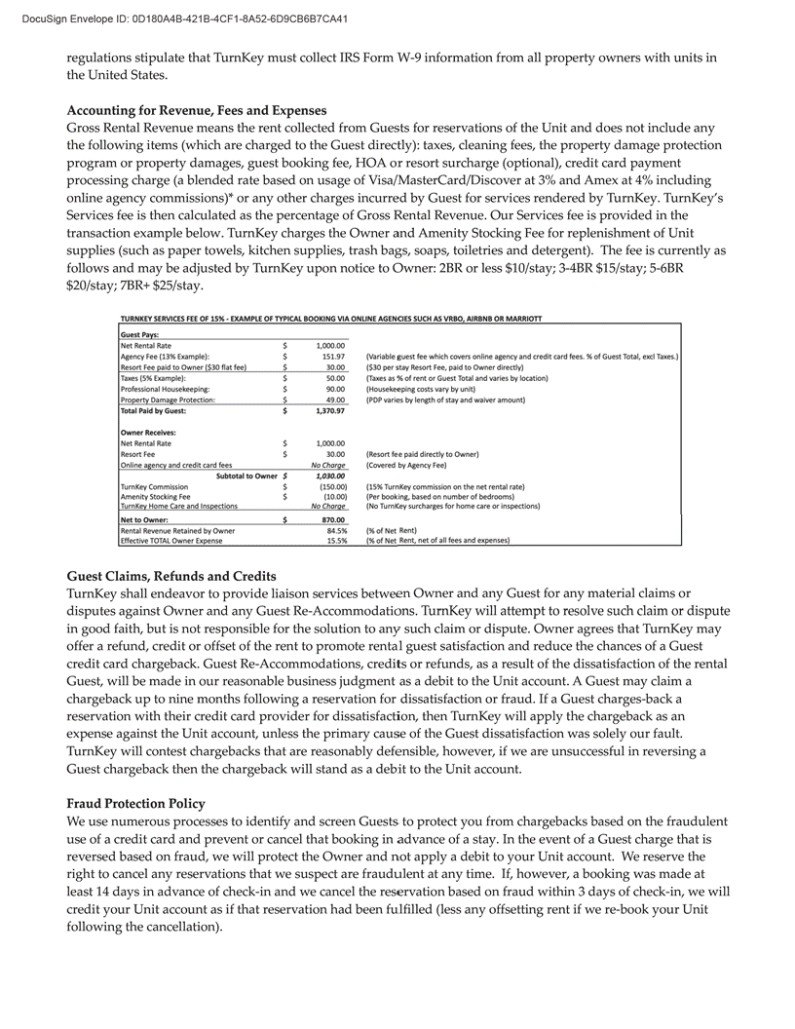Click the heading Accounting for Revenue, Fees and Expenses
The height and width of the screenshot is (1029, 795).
click(196, 110)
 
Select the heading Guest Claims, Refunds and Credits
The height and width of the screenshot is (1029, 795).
click(171, 576)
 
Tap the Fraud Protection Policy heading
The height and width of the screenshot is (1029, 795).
click(135, 803)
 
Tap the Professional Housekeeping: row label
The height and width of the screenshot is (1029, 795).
click(164, 389)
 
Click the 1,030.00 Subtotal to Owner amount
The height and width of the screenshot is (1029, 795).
click(328, 475)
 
